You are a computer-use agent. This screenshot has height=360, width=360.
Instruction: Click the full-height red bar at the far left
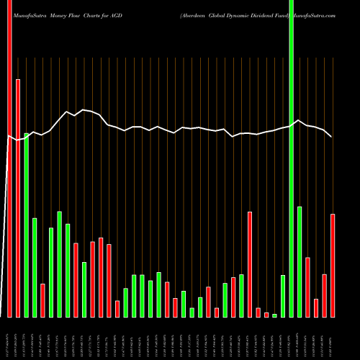tap(9, 158)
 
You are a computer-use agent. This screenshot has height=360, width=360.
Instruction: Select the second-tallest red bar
tap(18, 198)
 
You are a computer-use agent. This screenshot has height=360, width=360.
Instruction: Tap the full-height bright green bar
tap(291, 158)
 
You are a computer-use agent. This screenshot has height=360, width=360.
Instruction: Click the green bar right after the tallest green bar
tap(300, 261)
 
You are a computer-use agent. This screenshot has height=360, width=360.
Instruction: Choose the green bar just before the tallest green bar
tap(283, 296)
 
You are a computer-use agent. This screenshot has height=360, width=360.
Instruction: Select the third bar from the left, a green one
tap(26, 225)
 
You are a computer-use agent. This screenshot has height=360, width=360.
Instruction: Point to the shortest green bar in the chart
tap(274, 315)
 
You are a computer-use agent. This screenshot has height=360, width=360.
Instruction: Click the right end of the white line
tap(331, 136)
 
